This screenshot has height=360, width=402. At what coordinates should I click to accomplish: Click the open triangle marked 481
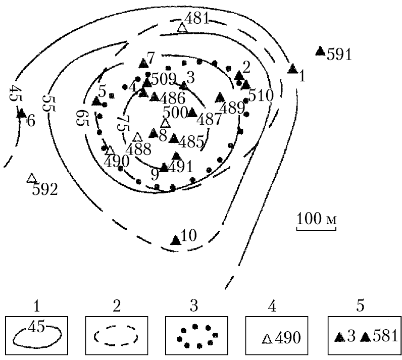pyautogui.click(x=182, y=28)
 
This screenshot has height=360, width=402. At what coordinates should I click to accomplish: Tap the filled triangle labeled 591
pyautogui.click(x=320, y=50)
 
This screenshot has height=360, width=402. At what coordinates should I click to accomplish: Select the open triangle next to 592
pyautogui.click(x=31, y=178)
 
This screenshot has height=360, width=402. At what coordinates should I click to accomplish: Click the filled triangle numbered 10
pyautogui.click(x=176, y=240)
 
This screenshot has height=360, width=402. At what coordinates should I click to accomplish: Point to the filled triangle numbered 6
pyautogui.click(x=22, y=113)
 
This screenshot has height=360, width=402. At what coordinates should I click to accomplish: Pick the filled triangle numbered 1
pyautogui.click(x=292, y=69)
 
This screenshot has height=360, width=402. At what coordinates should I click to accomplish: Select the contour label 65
pyautogui.click(x=82, y=118)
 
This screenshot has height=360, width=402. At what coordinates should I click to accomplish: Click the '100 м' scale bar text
pyautogui.click(x=316, y=219)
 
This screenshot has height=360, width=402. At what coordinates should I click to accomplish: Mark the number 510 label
pyautogui.click(x=261, y=95)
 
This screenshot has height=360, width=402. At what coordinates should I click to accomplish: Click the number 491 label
pyautogui.click(x=181, y=167)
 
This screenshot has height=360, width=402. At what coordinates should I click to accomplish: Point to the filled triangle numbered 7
pyautogui.click(x=143, y=63)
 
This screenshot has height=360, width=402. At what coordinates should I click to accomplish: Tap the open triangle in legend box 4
pyautogui.click(x=267, y=338)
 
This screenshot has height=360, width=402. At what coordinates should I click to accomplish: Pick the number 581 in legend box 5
pyautogui.click(x=385, y=336)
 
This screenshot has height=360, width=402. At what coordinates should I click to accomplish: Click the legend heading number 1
pyautogui.click(x=37, y=305)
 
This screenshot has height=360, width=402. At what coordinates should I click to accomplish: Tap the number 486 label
pyautogui.click(x=173, y=98)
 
